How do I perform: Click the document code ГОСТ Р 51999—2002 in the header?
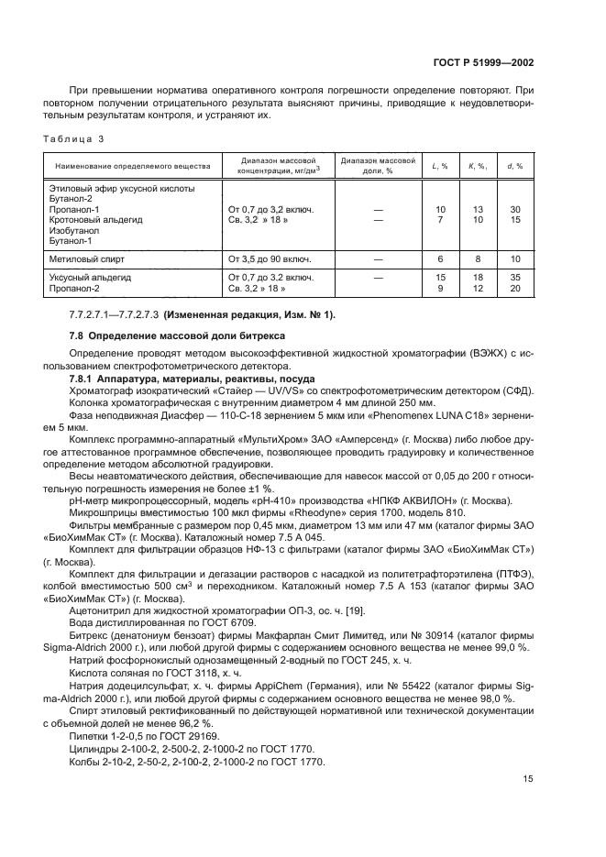[482, 62]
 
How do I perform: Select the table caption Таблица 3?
[74, 138]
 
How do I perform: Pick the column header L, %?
[440, 167]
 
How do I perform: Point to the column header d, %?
[515, 167]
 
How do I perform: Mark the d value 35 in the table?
[515, 277]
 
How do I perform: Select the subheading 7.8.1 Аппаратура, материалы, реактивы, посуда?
[193, 379]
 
